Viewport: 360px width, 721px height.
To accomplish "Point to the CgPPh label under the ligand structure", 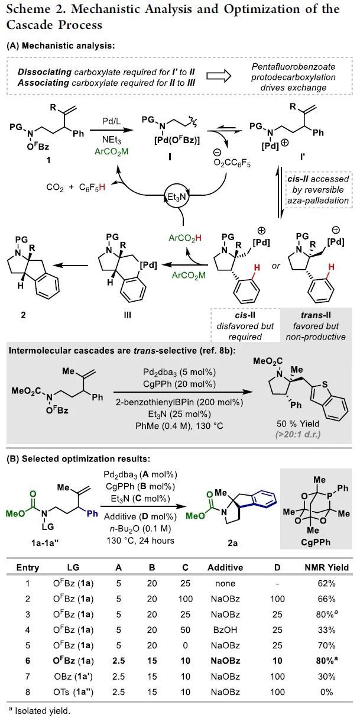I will click(323, 539).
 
